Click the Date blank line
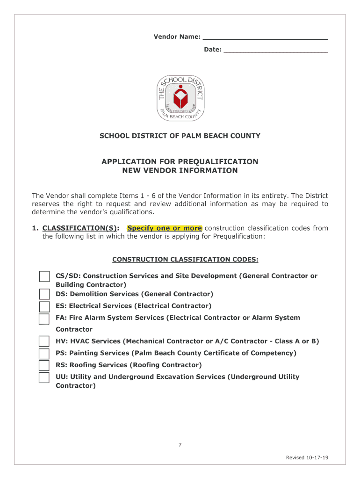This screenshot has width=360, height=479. point(276,50)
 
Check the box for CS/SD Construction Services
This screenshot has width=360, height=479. point(44,276)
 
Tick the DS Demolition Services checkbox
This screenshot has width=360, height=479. point(44,294)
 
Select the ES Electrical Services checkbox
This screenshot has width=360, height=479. point(44,306)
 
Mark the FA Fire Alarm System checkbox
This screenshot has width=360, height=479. point(44,319)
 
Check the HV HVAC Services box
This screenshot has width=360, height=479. point(44,341)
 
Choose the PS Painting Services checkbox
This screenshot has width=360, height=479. point(44,353)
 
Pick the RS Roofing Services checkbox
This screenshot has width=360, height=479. point(44,365)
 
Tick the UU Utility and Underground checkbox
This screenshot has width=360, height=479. point(44,377)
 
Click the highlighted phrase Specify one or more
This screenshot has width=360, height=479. point(165,228)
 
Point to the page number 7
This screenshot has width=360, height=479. point(180,444)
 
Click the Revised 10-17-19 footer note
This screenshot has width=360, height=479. point(307,457)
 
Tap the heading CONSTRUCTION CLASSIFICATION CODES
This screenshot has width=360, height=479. point(185,260)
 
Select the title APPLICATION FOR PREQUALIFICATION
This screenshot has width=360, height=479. point(180,162)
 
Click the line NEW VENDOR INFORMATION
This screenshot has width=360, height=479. point(180,171)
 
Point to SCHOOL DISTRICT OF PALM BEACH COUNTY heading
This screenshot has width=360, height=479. point(180,136)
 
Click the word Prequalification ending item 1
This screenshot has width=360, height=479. point(238,237)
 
